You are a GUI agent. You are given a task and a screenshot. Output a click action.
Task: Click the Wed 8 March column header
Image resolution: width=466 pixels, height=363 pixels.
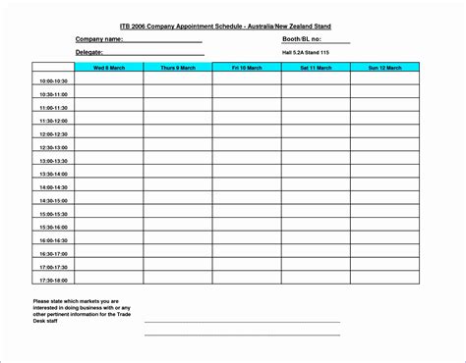[x=108, y=68]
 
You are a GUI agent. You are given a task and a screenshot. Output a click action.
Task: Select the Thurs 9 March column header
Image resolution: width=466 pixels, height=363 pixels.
[x=177, y=68]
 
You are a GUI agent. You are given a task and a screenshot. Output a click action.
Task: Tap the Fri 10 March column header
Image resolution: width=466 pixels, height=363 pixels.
[x=247, y=68]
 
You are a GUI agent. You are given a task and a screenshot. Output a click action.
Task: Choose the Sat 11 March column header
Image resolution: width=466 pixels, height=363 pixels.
[x=316, y=68]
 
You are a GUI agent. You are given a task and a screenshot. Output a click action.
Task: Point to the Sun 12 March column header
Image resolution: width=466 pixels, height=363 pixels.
[x=385, y=68]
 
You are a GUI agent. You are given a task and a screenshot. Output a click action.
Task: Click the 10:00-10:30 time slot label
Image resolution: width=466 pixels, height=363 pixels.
[x=53, y=81]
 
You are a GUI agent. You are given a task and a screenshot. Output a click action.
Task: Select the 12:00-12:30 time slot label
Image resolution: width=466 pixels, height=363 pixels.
[x=53, y=133]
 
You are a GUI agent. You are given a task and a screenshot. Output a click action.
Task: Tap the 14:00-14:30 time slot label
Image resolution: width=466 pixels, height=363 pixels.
[x=53, y=186]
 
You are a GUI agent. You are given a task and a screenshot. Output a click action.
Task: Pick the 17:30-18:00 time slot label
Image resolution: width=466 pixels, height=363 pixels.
[x=53, y=279]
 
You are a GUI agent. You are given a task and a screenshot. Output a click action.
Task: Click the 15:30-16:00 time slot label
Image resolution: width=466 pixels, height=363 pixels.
[x=53, y=226]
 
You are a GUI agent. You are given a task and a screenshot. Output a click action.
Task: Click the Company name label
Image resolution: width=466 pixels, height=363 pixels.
[x=99, y=38]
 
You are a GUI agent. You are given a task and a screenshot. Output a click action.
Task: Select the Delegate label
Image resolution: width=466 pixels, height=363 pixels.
[x=89, y=52]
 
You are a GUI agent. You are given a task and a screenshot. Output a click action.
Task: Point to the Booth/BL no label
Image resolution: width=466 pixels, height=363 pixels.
[x=302, y=38]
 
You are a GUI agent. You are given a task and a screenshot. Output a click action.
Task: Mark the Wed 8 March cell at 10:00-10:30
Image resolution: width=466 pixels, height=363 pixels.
[x=108, y=81]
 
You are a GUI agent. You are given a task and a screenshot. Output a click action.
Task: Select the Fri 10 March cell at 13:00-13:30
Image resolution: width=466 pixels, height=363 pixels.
[x=247, y=160]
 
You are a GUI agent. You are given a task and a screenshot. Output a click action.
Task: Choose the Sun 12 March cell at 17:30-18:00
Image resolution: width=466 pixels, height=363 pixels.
[x=385, y=279]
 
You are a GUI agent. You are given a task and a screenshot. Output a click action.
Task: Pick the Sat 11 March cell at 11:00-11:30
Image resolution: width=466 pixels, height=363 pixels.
[x=316, y=107]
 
